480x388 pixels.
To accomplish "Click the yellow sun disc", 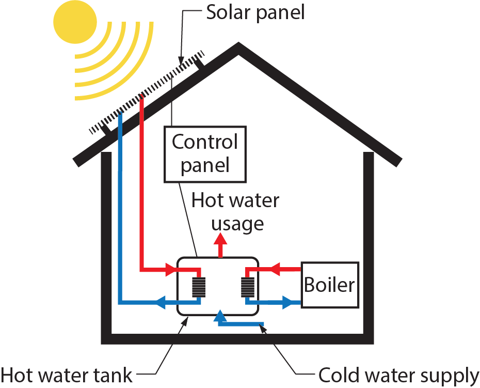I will (x=75, y=21).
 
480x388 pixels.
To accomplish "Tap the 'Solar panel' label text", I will (x=255, y=11).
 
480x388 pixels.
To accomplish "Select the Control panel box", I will (x=204, y=154).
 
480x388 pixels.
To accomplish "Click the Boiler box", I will (x=329, y=285).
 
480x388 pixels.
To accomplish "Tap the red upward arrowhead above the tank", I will (x=221, y=239).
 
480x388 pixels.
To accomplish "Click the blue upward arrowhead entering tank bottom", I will (x=220, y=315).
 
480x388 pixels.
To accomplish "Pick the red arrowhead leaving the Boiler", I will (x=275, y=269).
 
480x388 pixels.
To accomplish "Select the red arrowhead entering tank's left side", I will (x=170, y=269).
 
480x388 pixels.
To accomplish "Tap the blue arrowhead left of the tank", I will (x=161, y=302).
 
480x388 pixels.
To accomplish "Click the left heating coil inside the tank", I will (x=199, y=286).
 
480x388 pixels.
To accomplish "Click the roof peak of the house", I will (x=238, y=46).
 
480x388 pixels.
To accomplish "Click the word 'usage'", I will (x=237, y=224).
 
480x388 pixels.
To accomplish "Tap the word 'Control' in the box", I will (x=204, y=142).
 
